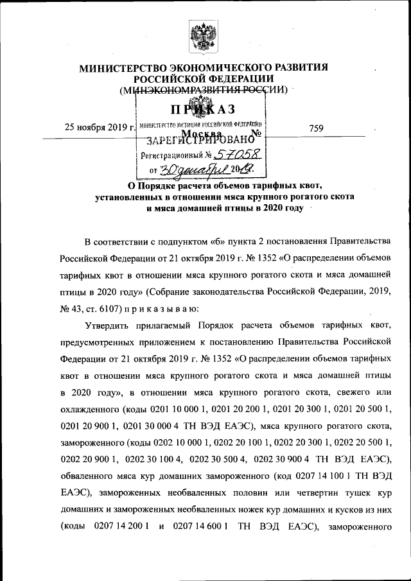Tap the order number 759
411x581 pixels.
[315, 128]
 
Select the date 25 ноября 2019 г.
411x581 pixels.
[100, 127]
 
